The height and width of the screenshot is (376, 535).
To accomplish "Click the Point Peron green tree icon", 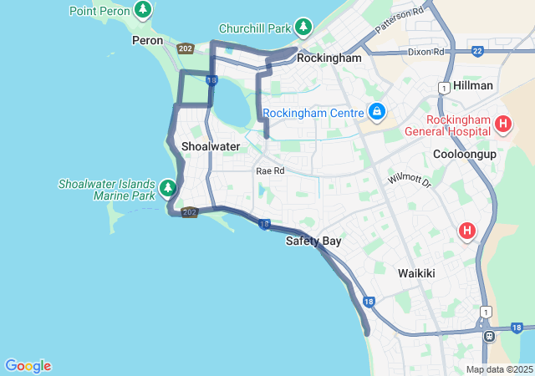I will [145, 10].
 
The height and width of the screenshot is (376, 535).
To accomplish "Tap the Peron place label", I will [147, 40].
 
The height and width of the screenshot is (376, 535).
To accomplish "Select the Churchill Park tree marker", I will [303, 28].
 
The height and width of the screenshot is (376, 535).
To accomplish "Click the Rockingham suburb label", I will [329, 58].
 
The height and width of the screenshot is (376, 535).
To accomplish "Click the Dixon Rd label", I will [425, 52].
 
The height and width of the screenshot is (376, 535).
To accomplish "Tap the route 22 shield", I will [477, 51].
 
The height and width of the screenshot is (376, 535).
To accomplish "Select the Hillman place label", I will [473, 86].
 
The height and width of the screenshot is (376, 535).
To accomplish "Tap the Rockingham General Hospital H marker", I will [503, 125].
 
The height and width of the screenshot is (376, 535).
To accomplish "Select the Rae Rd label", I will [270, 170].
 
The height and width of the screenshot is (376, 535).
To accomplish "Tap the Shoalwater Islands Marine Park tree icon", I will [168, 187].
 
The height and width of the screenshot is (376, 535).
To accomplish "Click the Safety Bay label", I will [313, 241].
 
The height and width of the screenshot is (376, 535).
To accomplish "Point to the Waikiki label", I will [416, 273].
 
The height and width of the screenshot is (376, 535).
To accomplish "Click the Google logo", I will [28, 366].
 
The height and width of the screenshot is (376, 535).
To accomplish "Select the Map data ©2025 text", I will [498, 369].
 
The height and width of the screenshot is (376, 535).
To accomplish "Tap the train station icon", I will [489, 336].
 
